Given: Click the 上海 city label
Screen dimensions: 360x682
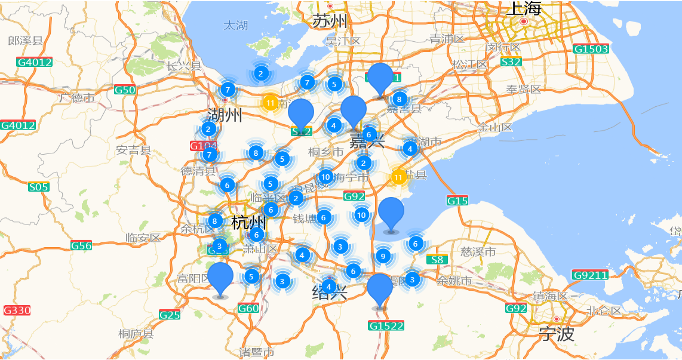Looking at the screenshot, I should tap(524, 8).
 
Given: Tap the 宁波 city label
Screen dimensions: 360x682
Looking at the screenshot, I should tap(556, 334).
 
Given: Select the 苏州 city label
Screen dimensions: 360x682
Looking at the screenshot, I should tap(330, 21).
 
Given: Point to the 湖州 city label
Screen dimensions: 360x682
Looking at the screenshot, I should tap(225, 115).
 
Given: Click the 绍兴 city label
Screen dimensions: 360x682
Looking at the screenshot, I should tap(330, 293).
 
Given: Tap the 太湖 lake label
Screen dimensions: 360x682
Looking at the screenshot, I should tap(236, 26).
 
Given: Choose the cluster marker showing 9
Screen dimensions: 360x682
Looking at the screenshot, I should tap(383, 257).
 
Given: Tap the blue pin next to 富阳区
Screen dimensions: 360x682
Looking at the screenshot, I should tap(220, 278).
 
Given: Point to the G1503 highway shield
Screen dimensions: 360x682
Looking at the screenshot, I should tap(591, 49).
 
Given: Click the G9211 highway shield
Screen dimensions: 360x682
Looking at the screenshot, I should tap(590, 275).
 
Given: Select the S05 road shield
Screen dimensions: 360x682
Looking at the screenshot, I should tap(38, 187).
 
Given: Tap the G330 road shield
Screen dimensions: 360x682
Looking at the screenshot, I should tap(17, 310).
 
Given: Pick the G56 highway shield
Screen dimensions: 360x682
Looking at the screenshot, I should tap(81, 245).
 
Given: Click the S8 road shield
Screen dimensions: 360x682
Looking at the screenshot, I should tap(437, 260).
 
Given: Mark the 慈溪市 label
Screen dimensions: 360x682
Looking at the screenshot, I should tap(478, 252).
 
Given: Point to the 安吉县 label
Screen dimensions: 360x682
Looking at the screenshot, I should tap(134, 150).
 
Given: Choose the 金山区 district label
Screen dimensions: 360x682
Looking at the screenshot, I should tap(495, 127).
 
